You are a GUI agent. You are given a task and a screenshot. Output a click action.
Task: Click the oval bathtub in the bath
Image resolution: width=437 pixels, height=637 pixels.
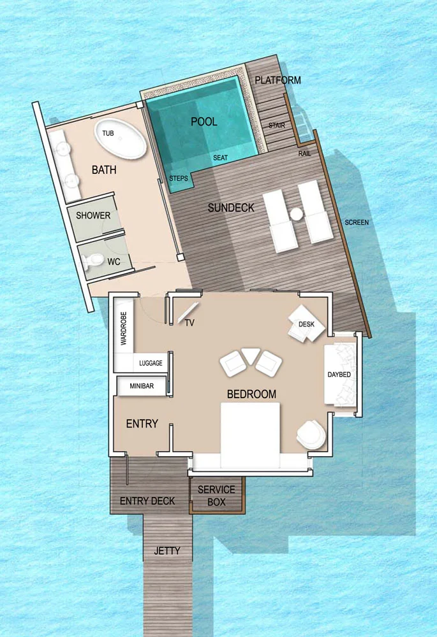point(121,138)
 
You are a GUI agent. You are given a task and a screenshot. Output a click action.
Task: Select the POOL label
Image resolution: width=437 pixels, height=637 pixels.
point(204,122)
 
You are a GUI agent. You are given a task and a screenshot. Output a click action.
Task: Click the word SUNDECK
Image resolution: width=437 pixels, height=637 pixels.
point(231,208)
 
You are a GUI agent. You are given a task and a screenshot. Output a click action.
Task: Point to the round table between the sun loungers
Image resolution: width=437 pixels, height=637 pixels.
point(297,214)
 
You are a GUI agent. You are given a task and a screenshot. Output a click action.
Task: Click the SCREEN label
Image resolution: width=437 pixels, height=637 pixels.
point(357,222)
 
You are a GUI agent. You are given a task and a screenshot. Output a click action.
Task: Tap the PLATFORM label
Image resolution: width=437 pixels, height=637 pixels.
point(278,80)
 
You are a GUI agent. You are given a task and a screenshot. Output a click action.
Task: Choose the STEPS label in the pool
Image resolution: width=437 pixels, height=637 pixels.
point(179,178)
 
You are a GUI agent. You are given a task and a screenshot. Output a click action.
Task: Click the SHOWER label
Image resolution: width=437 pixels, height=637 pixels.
point(93,215)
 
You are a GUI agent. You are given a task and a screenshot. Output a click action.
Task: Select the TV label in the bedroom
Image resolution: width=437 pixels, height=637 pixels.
point(189,323)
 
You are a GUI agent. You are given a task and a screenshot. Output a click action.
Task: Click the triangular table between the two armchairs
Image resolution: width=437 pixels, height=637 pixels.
point(250,355)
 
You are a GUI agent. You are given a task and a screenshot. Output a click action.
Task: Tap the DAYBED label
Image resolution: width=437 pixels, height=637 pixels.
point(339,375)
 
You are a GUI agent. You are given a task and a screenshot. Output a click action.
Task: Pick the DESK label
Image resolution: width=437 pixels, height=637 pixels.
point(306,324)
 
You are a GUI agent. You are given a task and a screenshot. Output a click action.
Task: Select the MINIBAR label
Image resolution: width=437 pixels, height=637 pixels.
point(142,386)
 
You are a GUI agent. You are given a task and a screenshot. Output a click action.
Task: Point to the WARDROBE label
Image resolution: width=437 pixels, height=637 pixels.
point(124,328)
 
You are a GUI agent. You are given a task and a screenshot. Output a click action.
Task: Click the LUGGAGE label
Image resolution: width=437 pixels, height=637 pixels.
point(151,363)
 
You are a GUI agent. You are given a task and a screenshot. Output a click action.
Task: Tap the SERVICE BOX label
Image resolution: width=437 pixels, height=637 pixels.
point(216,496)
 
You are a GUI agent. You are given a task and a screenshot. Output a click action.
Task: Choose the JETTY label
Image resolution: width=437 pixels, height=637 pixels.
point(167,551)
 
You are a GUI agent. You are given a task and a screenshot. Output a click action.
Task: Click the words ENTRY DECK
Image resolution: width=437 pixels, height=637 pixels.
point(147,501)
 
